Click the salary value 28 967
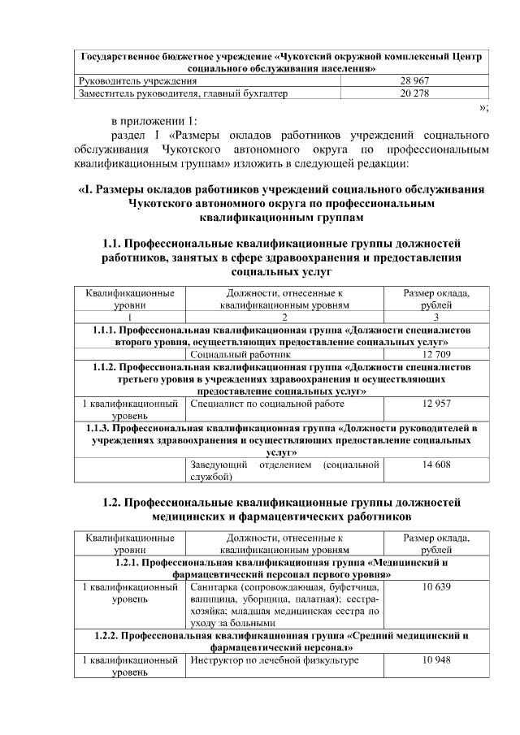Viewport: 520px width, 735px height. click(x=414, y=82)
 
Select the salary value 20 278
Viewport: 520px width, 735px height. click(x=414, y=94)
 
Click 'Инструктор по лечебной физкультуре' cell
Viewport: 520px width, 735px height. click(x=273, y=660)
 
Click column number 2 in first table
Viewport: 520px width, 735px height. click(x=284, y=318)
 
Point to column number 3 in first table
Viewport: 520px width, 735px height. click(x=436, y=318)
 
